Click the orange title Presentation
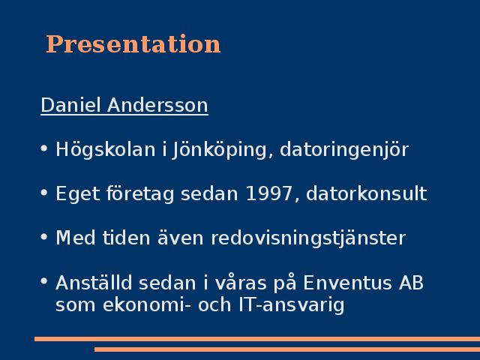(x=133, y=44)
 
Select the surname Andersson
(x=157, y=105)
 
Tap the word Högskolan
(x=105, y=150)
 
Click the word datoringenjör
(x=344, y=150)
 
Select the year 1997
(x=269, y=193)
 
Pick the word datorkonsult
(x=367, y=193)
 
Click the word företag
(x=140, y=193)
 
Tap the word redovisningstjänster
(x=308, y=238)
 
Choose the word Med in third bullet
(x=75, y=238)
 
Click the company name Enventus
(x=347, y=283)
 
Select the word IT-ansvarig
(x=292, y=305)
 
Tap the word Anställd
(x=94, y=282)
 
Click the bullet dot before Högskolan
(x=44, y=148)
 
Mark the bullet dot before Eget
(x=44, y=193)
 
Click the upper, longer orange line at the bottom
(x=257, y=339)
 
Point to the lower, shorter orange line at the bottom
(x=287, y=349)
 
